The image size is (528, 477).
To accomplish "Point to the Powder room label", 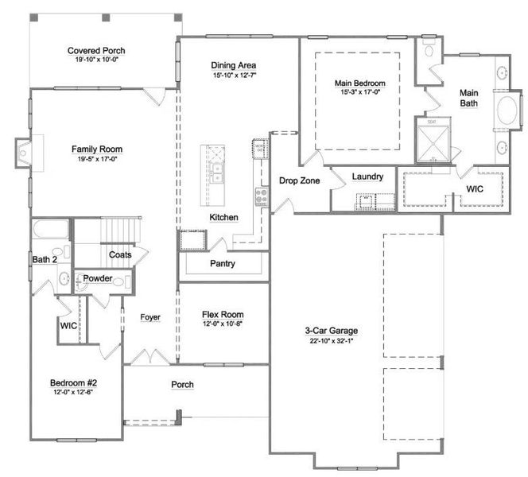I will pos(98,279).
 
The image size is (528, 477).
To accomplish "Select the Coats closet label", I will pos(120,255).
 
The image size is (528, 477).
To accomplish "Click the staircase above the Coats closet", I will pos(118,231).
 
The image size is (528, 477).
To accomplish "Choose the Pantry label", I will pos(222,263).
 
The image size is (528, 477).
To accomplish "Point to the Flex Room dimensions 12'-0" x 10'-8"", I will pos(222,324).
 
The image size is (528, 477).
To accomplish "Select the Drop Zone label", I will pos(299,180).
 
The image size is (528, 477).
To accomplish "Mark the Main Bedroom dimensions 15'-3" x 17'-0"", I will pos(359,92).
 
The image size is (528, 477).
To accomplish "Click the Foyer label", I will pos(150,318).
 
